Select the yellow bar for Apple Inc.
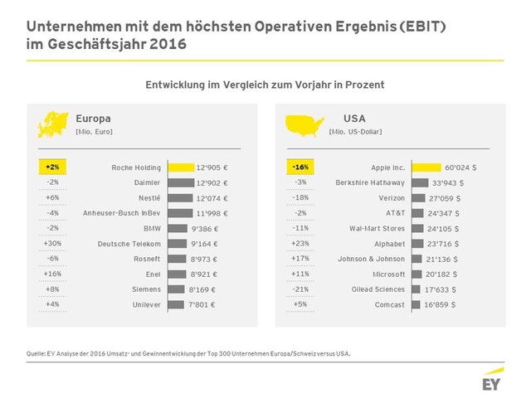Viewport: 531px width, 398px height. (432, 167)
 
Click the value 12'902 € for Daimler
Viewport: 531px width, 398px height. (212, 183)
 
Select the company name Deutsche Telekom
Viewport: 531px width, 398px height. (129, 244)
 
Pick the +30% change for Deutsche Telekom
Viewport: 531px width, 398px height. (52, 244)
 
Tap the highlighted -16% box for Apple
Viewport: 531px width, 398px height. (300, 167)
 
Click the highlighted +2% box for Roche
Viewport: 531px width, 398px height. (53, 167)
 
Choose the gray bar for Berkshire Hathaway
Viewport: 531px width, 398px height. (420, 183)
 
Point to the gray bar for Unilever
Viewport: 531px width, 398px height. (176, 305)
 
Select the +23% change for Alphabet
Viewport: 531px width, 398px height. (300, 244)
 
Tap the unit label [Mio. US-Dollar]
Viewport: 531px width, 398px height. (356, 133)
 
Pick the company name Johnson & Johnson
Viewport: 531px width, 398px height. (372, 260)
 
